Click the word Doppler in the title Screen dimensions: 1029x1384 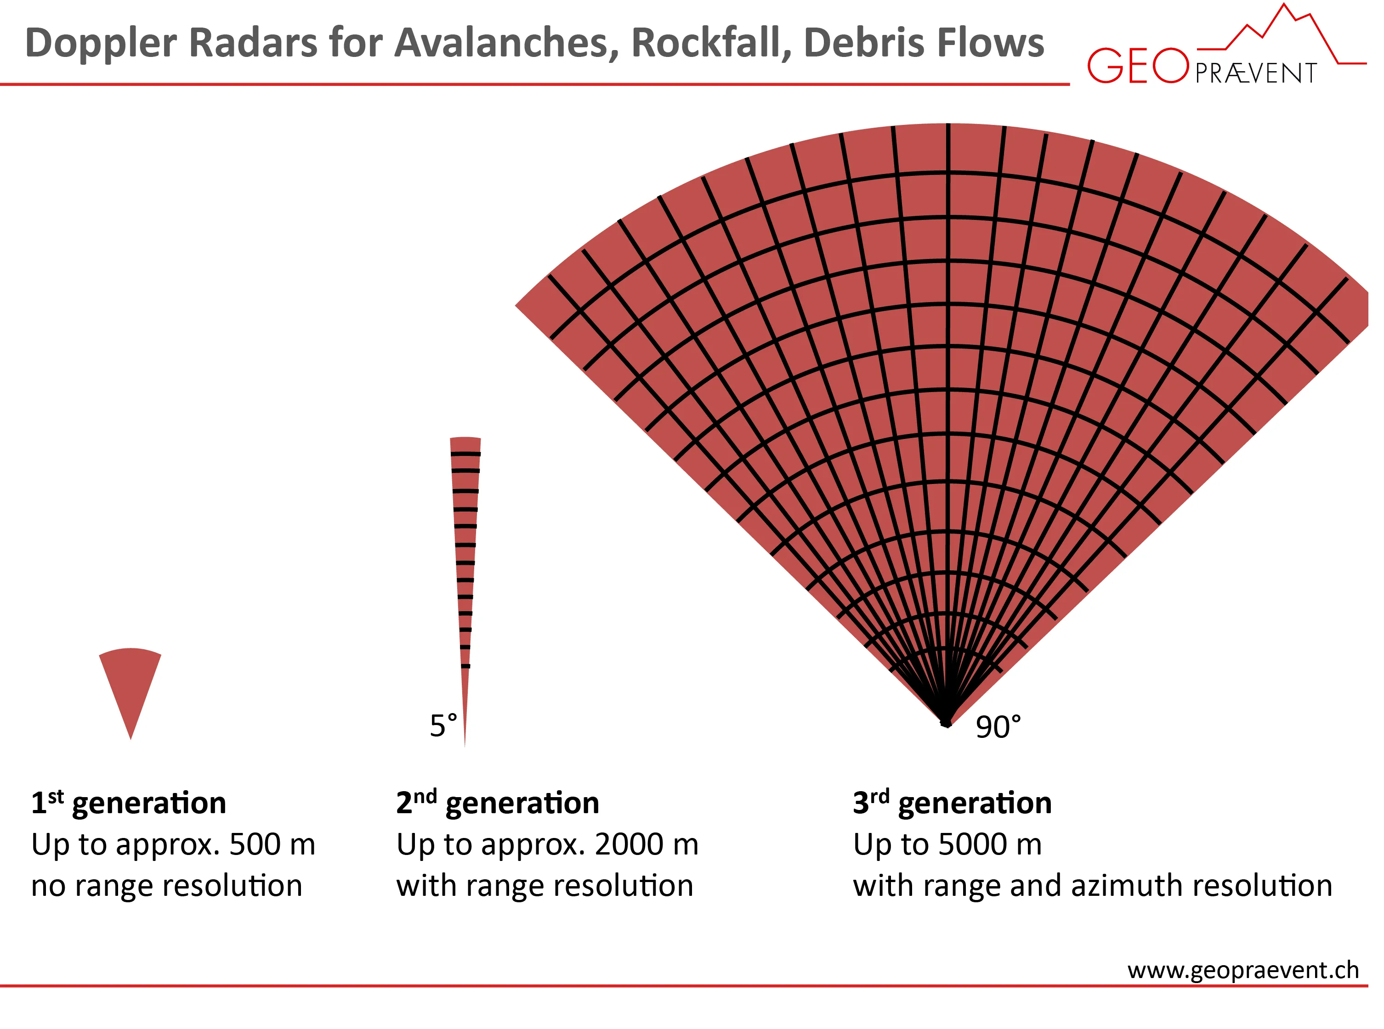pyautogui.click(x=101, y=44)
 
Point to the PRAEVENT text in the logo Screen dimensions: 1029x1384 pyautogui.click(x=1256, y=73)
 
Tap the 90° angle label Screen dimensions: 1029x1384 pyautogui.click(x=998, y=727)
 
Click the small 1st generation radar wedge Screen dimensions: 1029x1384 pyautogui.click(x=130, y=685)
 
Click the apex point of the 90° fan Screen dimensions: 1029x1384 pyautogui.click(x=946, y=723)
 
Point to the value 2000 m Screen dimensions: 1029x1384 pyautogui.click(x=646, y=844)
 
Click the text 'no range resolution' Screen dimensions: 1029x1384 pyautogui.click(x=166, y=886)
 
